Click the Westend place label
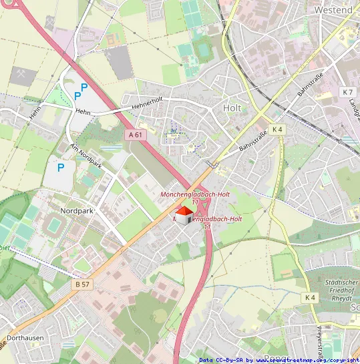333,10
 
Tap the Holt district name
232,108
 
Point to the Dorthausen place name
22,338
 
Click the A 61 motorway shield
135,134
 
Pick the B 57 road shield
81,284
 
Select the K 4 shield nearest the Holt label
277,129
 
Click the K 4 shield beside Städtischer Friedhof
309,297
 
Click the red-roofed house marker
184,214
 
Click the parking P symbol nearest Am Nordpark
60,168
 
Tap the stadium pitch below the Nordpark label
52,227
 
